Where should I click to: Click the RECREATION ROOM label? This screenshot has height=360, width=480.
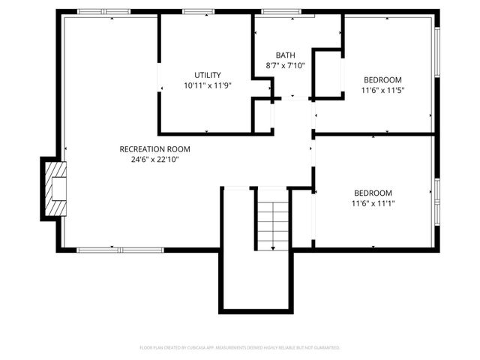pyautogui.click(x=149, y=148)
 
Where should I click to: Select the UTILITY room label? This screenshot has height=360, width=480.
pyautogui.click(x=207, y=75)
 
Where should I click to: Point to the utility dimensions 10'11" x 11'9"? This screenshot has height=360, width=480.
pyautogui.click(x=207, y=85)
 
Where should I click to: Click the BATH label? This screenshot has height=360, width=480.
pyautogui.click(x=285, y=55)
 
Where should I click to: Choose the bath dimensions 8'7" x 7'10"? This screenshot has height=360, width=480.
pyautogui.click(x=285, y=66)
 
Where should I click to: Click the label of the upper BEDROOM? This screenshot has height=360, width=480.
pyautogui.click(x=382, y=80)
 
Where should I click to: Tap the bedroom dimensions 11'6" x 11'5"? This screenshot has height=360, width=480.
pyautogui.click(x=382, y=91)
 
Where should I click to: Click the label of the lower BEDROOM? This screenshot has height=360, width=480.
pyautogui.click(x=373, y=192)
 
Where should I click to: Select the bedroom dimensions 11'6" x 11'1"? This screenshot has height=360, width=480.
pyautogui.click(x=373, y=202)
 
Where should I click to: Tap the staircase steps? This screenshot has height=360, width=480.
pyautogui.click(x=271, y=221)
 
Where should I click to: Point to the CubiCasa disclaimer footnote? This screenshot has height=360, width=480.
pyautogui.click(x=240, y=348)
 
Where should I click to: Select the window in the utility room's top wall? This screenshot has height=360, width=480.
pyautogui.click(x=198, y=12)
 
